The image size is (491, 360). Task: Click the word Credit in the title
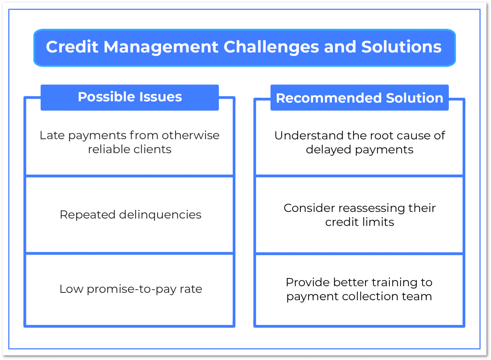pyautogui.click(x=72, y=47)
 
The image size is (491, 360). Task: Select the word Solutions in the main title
pyautogui.click(x=401, y=47)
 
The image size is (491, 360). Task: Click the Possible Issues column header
pyautogui.click(x=130, y=97)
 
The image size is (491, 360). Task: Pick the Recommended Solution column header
pyautogui.click(x=359, y=98)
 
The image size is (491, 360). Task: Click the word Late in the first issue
pyautogui.click(x=52, y=135)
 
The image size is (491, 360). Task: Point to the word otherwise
pyautogui.click(x=190, y=135)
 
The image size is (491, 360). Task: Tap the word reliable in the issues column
pyautogui.click(x=109, y=149)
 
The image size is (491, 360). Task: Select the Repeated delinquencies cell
pyautogui.click(x=130, y=214)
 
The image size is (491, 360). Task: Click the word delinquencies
pyautogui.click(x=160, y=214)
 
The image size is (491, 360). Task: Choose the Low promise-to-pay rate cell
pyautogui.click(x=130, y=289)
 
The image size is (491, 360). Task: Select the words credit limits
pyautogui.click(x=360, y=222)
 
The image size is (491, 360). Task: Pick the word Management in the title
pyautogui.click(x=161, y=47)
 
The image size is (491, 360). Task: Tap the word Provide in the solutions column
pyautogui.click(x=308, y=282)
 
